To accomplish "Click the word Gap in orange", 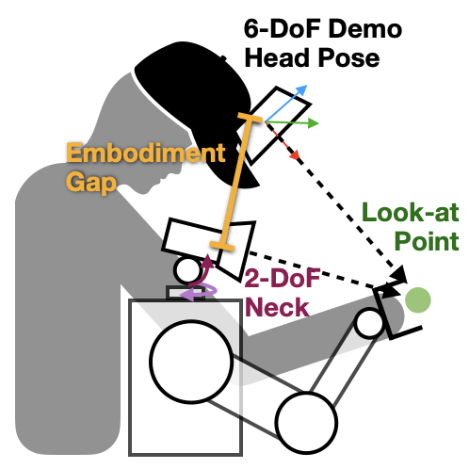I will click(89, 181).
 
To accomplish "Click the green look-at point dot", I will click(418, 300).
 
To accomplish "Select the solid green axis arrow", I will click(297, 122).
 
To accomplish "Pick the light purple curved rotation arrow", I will click(200, 292).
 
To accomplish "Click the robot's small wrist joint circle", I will click(369, 323).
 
